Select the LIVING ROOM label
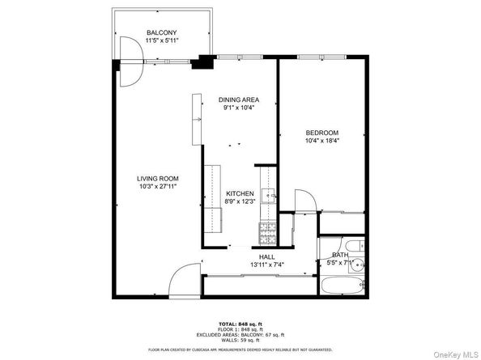pos(157,178)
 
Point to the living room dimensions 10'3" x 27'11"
pos(157,186)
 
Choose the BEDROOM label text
pos(321,133)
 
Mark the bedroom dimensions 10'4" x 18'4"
pos(321,141)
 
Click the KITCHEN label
pos(240,193)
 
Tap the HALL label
pos(266,256)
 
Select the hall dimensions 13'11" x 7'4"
pos(266,265)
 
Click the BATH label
pos(340,255)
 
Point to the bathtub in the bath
pos(343,285)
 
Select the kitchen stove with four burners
pos(267,233)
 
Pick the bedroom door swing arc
pos(304,201)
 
